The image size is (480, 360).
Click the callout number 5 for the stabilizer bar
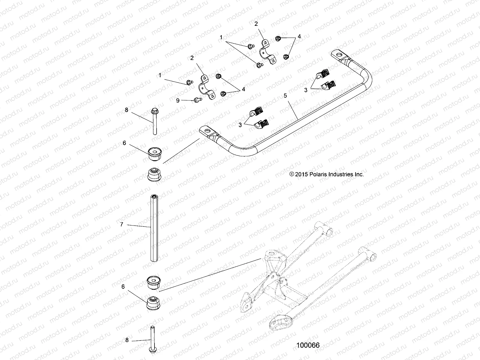click(x=285, y=96)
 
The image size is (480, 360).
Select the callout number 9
click(x=178, y=100)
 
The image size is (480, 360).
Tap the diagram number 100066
click(x=308, y=345)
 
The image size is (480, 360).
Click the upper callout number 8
click(x=126, y=110)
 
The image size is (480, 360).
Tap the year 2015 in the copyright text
click(x=301, y=174)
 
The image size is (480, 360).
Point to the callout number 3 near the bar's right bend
click(x=306, y=90)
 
